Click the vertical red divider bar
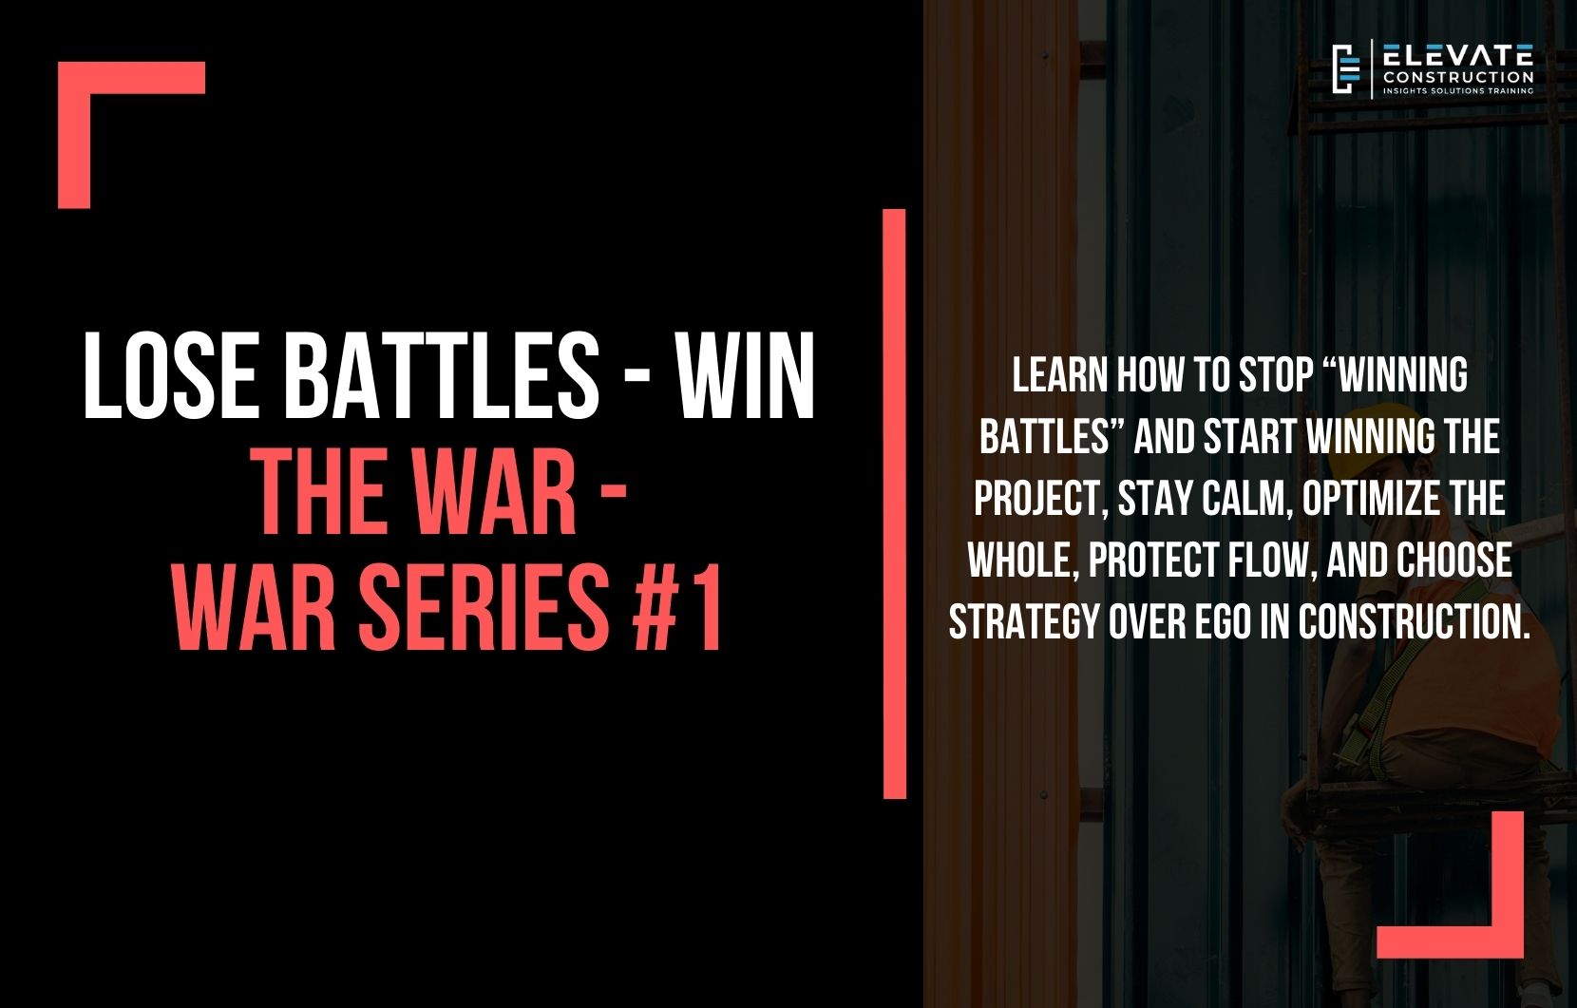pyautogui.click(x=894, y=504)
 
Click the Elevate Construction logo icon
pyautogui.click(x=1343, y=68)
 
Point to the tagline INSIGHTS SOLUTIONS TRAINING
pyautogui.click(x=1457, y=91)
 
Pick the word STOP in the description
pyautogui.click(x=1274, y=376)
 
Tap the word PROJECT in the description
pyautogui.click(x=1038, y=500)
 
